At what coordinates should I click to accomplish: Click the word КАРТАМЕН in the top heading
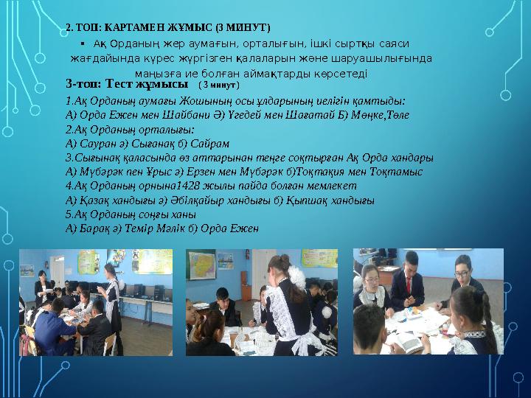pos(138,28)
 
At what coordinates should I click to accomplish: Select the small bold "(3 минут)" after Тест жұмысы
pos(220,85)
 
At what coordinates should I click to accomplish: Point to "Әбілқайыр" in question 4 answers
pos(194,200)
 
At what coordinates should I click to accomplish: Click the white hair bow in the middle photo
pos(296,277)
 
